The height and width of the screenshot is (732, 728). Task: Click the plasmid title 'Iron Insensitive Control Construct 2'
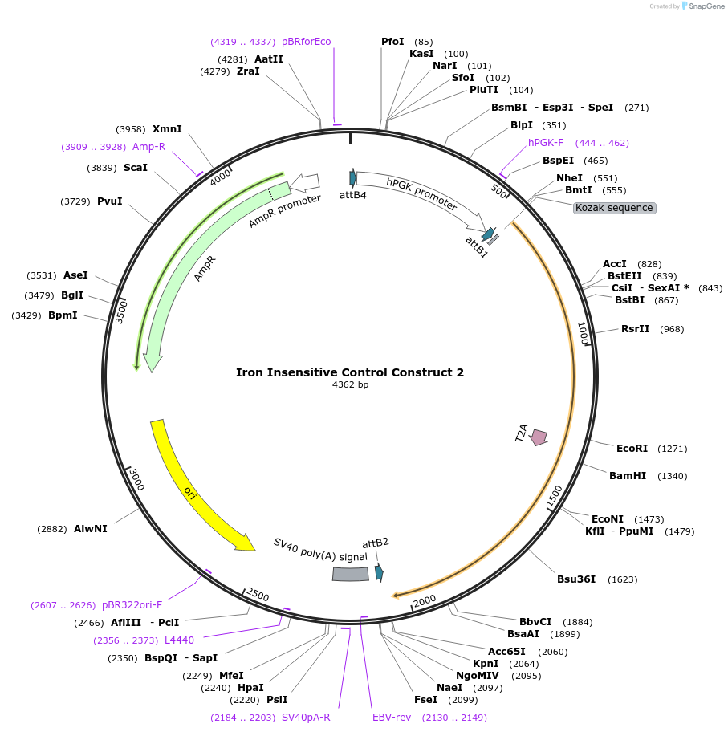(x=349, y=372)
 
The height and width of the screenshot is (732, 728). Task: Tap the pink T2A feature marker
(x=539, y=437)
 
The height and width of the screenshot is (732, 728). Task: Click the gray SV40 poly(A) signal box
(x=350, y=574)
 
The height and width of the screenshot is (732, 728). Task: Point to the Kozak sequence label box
(x=614, y=208)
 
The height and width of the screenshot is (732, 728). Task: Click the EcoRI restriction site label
(x=631, y=449)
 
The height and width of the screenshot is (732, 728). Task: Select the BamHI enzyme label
(x=627, y=476)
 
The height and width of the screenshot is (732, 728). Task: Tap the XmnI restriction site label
(x=167, y=129)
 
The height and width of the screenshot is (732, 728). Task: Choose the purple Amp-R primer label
(x=148, y=147)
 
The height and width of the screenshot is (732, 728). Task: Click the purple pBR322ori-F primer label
(x=132, y=605)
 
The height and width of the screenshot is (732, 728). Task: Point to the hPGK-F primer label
(x=546, y=143)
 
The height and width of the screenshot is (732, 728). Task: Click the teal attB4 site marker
(x=352, y=178)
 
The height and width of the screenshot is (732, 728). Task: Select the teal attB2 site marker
(x=379, y=572)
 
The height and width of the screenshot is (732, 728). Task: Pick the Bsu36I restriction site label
(x=576, y=579)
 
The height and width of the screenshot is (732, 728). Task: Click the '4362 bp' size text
(x=350, y=385)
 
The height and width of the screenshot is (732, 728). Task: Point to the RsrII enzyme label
(x=635, y=329)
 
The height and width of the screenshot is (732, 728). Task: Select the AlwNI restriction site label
(x=90, y=529)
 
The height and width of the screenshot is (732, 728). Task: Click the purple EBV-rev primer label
(x=391, y=718)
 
